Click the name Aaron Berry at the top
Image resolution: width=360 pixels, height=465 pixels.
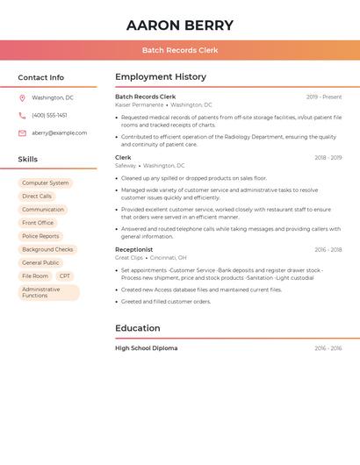point(180,25)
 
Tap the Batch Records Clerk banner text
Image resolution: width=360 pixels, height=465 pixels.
point(180,50)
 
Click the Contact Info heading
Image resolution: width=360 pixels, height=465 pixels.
point(40,77)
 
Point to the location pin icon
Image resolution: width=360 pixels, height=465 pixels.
point(22,97)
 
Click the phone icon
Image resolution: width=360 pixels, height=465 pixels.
point(22,115)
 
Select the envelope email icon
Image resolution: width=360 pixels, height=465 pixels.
point(22,132)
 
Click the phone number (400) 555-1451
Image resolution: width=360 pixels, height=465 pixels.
point(49,115)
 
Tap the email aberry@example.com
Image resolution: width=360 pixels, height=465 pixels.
point(59,132)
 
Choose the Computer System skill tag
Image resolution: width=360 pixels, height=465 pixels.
point(45,183)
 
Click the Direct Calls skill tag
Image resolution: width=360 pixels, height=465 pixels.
point(37,197)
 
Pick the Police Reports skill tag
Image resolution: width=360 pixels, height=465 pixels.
point(40,236)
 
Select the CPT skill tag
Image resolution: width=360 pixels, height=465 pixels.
point(65,275)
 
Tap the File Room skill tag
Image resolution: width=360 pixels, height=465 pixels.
point(35,275)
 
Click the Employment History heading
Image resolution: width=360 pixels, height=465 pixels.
point(160,77)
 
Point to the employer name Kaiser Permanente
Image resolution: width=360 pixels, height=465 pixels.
point(139,104)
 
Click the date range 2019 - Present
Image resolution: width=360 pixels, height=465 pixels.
point(324,97)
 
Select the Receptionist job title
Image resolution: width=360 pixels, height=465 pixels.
point(133,249)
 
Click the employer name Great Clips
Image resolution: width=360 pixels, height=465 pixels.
point(129,258)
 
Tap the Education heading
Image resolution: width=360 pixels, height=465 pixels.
point(137,328)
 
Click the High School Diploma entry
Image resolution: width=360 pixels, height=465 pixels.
point(146,348)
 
